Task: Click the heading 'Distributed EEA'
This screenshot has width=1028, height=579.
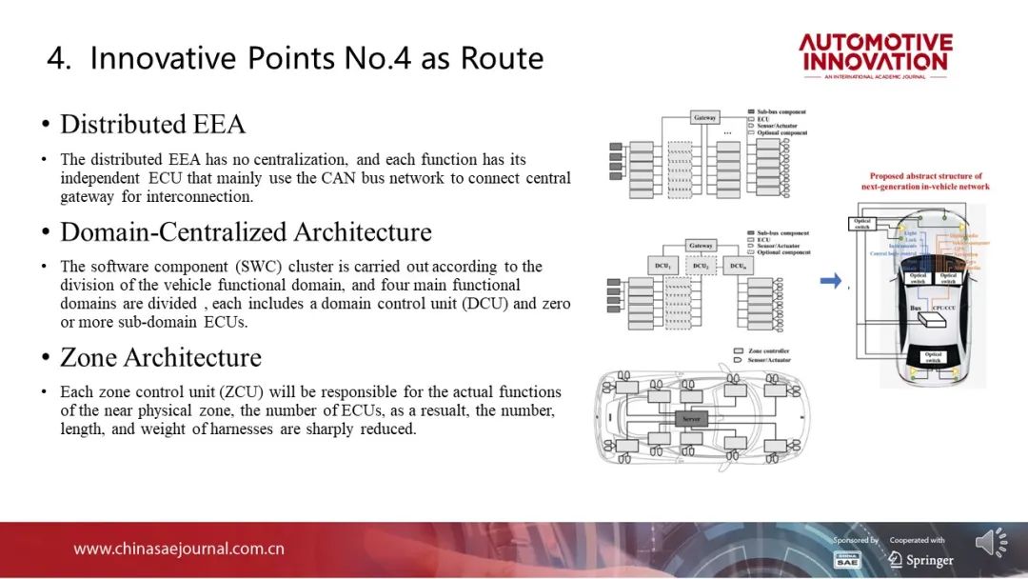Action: tap(152, 125)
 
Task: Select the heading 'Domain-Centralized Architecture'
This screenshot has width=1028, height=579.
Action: tap(246, 232)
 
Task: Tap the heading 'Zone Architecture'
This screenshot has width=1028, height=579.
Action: tap(160, 357)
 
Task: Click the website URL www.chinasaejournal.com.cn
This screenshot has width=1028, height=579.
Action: tap(179, 549)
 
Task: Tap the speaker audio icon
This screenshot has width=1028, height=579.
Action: tap(991, 543)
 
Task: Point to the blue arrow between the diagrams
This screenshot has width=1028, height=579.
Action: tap(831, 281)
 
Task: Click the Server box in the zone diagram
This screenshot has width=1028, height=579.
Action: tap(692, 418)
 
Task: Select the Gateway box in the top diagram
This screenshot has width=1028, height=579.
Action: tap(704, 118)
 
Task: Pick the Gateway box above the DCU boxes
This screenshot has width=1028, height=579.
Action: tap(701, 246)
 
